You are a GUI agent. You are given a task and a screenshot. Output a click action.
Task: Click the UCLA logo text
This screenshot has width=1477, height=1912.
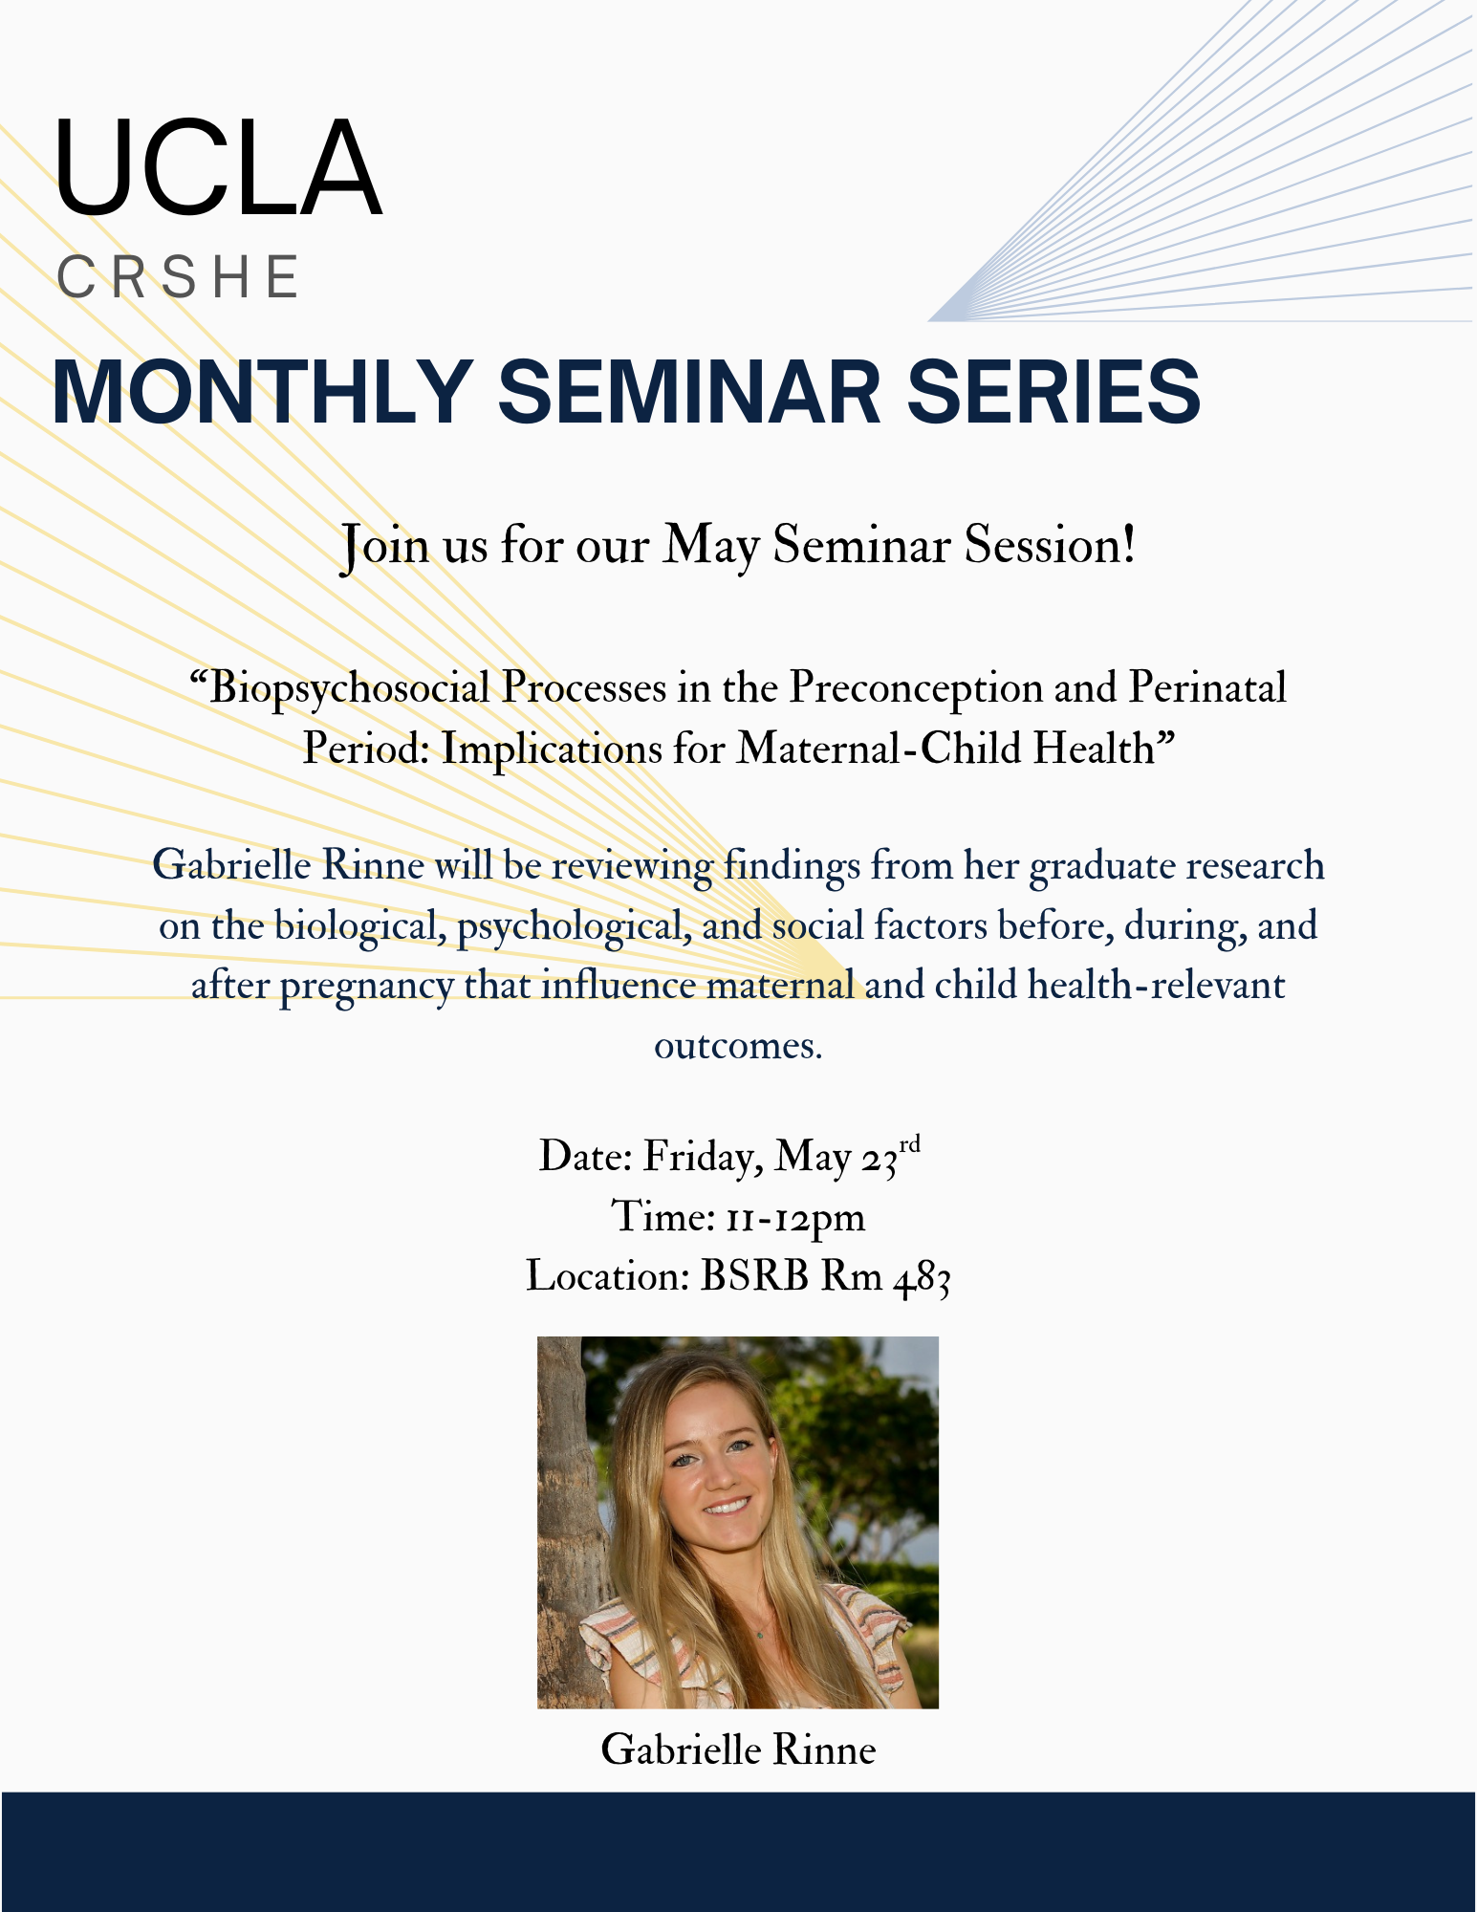click(x=218, y=167)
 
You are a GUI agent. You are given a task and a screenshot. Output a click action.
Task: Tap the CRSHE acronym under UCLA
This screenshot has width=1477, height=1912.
click(x=179, y=277)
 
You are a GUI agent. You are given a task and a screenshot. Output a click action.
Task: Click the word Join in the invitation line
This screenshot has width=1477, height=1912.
click(x=384, y=547)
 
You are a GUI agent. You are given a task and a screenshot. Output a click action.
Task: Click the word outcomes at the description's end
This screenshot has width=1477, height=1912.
click(x=737, y=1047)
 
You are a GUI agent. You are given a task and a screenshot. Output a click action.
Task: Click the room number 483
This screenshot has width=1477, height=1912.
click(x=922, y=1278)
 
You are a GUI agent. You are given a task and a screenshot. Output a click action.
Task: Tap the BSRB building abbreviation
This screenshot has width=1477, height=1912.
click(x=754, y=1276)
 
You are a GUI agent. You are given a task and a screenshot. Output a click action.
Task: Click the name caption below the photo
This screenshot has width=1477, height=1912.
click(x=738, y=1750)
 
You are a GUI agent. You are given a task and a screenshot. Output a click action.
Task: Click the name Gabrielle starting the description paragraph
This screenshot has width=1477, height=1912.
click(x=232, y=866)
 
